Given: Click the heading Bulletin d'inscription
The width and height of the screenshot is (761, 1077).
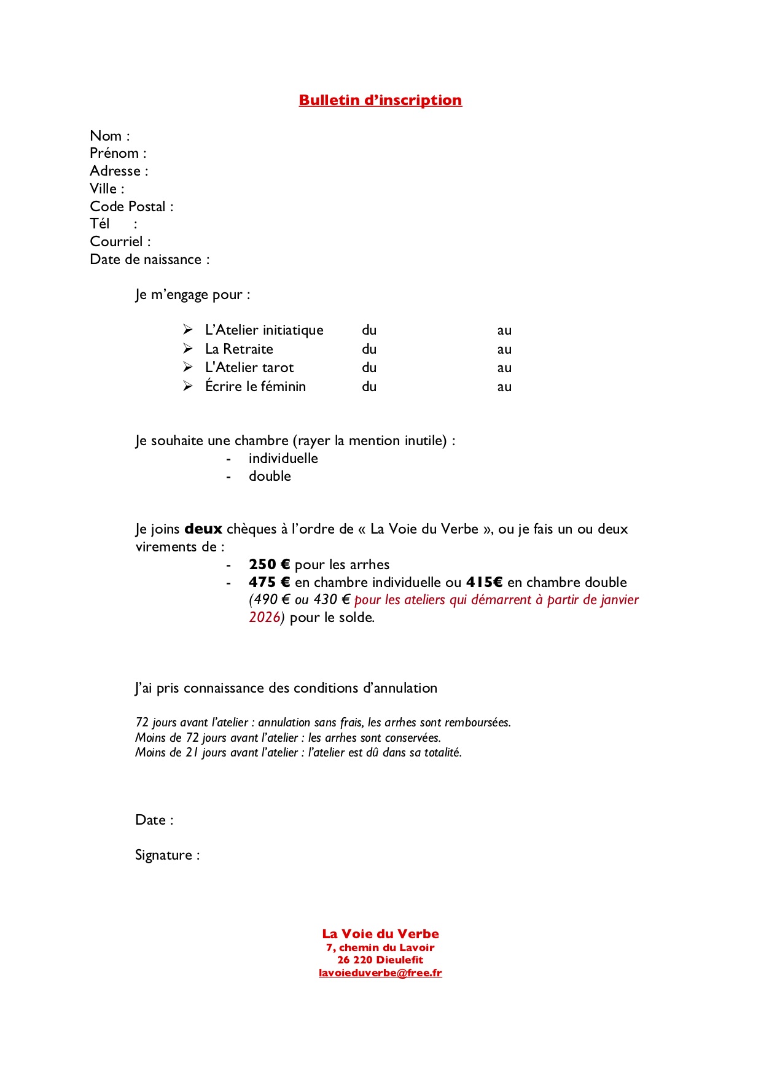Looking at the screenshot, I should tap(380, 100).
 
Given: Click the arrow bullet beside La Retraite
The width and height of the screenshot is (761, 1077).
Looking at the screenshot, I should tap(188, 348).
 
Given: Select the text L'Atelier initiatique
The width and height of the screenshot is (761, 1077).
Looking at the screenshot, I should tap(264, 330).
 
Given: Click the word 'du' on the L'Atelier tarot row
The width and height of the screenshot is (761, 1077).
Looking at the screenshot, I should tap(369, 367).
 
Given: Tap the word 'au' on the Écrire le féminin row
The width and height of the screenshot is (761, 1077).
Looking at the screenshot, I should tap(504, 386).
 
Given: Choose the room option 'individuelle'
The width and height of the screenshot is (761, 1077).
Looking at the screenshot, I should tap(283, 458).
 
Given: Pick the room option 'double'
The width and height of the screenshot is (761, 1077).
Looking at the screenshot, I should tap(270, 476).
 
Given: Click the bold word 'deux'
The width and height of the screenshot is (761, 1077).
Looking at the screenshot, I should tap(203, 529).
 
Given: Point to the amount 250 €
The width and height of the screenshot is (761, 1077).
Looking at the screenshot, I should tap(269, 564).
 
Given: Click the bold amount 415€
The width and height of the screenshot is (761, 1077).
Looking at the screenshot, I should tap(484, 582).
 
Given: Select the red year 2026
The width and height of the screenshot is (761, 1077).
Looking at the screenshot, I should tap(265, 617).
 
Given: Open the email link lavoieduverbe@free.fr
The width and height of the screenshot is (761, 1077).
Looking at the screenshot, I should tap(380, 973).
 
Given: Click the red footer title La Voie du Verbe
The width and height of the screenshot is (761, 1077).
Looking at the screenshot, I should tap(380, 934).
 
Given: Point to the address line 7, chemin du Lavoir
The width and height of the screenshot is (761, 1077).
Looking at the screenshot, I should tap(380, 947).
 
